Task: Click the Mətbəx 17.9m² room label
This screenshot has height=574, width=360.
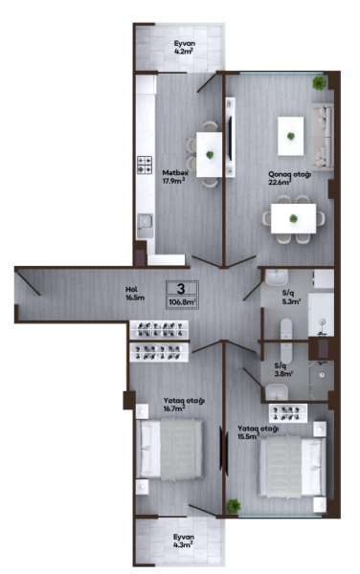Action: pos(175,176)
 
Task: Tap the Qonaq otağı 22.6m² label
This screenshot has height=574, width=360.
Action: pos(290,178)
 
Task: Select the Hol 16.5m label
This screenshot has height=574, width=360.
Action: pos(135,294)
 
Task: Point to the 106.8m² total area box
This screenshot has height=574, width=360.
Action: pos(182,302)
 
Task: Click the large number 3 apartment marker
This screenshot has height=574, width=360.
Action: pos(181,289)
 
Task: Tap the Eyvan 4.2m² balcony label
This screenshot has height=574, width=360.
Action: pos(184,47)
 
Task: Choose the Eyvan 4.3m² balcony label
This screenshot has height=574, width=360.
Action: pos(184,541)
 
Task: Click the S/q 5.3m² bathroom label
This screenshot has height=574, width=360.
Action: pos(291,298)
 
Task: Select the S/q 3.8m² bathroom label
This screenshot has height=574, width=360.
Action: pos(283,369)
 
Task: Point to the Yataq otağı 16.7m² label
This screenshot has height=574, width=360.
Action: pos(184,405)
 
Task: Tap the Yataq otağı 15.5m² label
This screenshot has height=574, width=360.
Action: pos(259,432)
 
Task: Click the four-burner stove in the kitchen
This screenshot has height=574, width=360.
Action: pos(145,165)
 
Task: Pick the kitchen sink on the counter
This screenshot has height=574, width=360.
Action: pos(145,226)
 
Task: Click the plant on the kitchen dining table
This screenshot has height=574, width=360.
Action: pos(210,154)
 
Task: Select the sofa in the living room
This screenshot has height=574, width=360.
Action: pos(323,137)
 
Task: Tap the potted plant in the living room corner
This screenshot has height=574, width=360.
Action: pos(319,83)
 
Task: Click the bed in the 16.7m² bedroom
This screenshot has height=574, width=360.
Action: pos(169,450)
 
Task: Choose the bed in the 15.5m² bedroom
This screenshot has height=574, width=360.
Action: pos(292,466)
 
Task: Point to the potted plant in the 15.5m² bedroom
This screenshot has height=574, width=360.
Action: pos(234,506)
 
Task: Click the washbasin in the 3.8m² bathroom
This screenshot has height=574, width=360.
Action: pos(277,391)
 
